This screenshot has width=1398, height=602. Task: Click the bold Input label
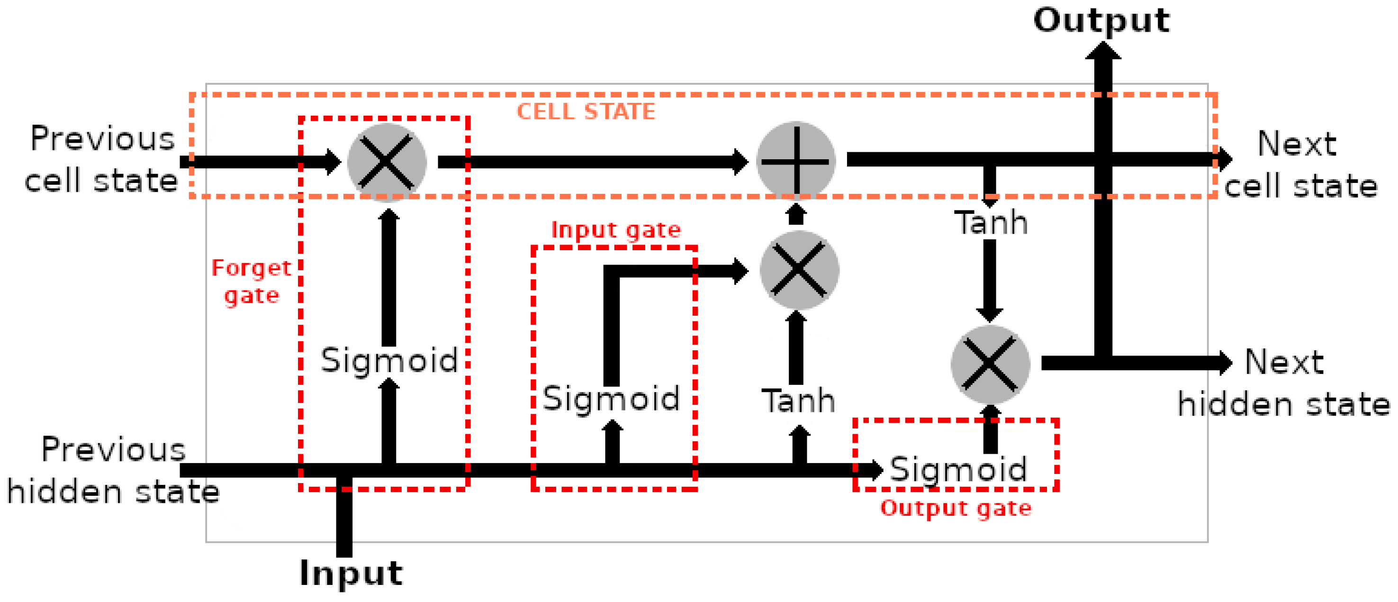[x=351, y=573]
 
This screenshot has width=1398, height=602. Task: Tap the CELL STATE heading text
[x=586, y=112]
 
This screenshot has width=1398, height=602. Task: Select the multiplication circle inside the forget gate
[x=387, y=162]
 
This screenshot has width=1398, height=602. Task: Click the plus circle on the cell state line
[x=796, y=161]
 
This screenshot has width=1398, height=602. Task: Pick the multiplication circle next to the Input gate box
[x=799, y=270]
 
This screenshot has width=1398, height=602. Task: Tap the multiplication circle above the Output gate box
[x=991, y=364]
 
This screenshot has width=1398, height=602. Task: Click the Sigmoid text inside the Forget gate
[x=389, y=360]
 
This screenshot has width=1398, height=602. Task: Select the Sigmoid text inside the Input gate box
[x=611, y=399]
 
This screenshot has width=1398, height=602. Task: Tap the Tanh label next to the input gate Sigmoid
[x=798, y=401]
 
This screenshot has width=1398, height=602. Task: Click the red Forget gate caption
[x=251, y=282]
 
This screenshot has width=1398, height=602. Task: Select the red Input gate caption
[x=616, y=230]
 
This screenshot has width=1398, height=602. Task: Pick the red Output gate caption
[x=956, y=509]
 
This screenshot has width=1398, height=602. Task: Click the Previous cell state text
[x=102, y=160]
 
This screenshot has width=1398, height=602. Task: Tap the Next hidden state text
[x=1283, y=383]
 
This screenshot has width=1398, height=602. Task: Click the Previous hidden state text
[x=113, y=471]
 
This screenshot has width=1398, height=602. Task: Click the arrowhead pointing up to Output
[x=1103, y=51]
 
